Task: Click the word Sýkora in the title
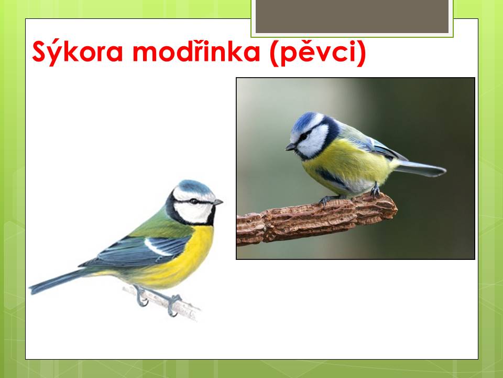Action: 78,52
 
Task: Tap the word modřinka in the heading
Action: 196,51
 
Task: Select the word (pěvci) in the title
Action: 318,52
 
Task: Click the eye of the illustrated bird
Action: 194,201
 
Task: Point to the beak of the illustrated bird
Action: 218,202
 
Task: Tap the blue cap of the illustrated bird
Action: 194,186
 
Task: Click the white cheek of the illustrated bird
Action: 192,212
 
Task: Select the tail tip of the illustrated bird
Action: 31,290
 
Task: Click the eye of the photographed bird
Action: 303,136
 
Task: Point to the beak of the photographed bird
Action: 291,147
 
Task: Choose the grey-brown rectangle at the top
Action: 352,16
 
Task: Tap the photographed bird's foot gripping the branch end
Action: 375,192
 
